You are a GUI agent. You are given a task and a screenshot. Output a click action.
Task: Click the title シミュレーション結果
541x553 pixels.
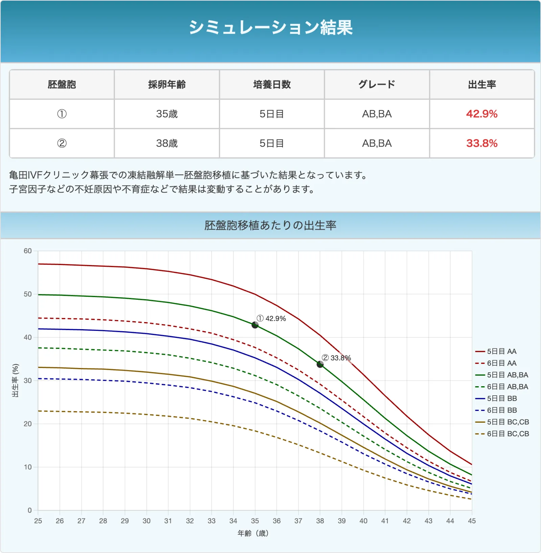(x=270, y=27)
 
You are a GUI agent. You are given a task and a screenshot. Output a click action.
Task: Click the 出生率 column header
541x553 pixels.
(x=481, y=84)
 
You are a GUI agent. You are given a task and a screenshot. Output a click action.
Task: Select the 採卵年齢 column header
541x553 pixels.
(x=167, y=84)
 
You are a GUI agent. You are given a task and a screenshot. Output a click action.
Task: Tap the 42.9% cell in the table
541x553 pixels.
(x=481, y=114)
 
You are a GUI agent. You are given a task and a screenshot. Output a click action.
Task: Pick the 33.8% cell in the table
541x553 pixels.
(x=481, y=143)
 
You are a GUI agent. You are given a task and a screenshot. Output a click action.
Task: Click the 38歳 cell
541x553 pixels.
(x=167, y=143)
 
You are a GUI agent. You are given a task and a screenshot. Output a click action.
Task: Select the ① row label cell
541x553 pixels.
(x=62, y=114)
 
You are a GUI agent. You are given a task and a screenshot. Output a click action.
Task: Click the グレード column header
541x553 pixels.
(x=377, y=84)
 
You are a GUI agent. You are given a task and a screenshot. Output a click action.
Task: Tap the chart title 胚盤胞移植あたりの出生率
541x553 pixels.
(x=270, y=225)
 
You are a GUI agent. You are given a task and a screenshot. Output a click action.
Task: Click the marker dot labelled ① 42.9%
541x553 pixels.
(x=255, y=325)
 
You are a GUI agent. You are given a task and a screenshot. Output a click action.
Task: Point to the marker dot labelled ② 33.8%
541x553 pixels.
(x=320, y=364)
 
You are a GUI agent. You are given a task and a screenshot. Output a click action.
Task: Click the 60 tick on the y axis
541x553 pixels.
(x=28, y=251)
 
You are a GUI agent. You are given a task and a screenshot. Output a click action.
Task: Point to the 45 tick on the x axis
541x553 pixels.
(x=472, y=521)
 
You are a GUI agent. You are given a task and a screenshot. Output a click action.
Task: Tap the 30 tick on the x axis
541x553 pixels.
(x=146, y=521)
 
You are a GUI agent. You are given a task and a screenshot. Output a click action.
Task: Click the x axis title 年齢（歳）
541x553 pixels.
(x=253, y=533)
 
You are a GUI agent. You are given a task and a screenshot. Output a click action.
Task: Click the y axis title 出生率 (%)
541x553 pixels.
(x=15, y=380)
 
